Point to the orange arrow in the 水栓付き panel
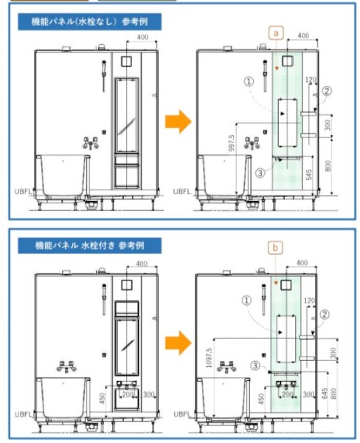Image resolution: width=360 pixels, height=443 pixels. click(x=176, y=342)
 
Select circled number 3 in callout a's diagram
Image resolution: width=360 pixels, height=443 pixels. click(x=259, y=172)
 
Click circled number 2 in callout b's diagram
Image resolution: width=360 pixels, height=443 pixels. click(x=325, y=314)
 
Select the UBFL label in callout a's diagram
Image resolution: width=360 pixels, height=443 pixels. click(x=181, y=190)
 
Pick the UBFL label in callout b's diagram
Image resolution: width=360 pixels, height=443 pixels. click(x=181, y=414)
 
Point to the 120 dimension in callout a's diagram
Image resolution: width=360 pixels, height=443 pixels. click(x=311, y=79)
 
